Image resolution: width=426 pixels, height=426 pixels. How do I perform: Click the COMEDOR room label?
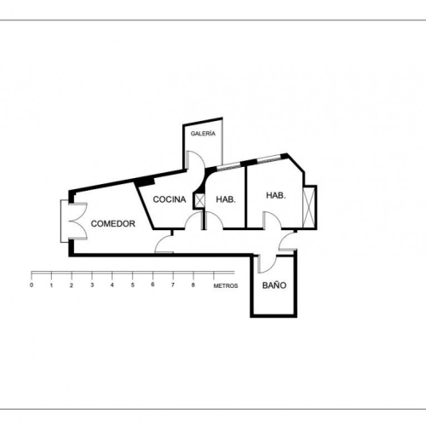coord(112,224)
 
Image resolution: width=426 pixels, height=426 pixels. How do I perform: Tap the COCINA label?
coord(170,199)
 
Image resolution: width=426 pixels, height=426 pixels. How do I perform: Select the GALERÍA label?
coord(203,134)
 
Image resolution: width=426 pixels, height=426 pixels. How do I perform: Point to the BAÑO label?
coord(274,285)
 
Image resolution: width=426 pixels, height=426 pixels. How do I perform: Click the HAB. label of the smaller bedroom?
coord(226,199)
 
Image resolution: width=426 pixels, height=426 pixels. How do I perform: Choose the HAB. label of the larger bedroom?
coord(276,195)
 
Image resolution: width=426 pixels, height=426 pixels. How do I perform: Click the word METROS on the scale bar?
coord(226,285)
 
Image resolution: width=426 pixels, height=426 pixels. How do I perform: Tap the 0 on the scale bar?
coord(32,285)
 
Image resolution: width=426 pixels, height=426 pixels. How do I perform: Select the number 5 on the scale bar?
coord(133,285)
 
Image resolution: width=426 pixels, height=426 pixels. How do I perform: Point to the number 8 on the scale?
coord(193,285)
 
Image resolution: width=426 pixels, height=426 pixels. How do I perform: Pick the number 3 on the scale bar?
coord(92,285)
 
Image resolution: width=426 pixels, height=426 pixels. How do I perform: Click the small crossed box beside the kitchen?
coord(199,200)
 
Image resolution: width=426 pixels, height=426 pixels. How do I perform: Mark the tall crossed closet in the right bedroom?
coord(309,207)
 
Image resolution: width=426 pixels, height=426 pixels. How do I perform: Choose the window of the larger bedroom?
coord(269,159)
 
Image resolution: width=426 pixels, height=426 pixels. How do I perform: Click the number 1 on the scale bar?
coord(51,285)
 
